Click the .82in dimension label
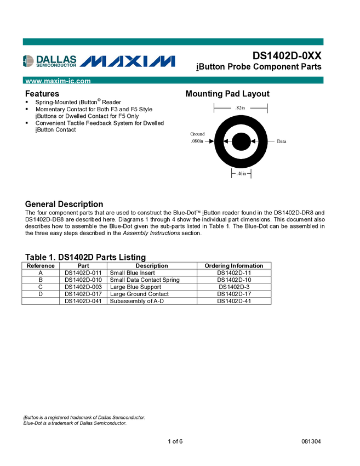[240, 109]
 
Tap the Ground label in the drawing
[197, 134]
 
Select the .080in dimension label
[197, 141]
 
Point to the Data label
[282, 141]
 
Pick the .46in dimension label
[241, 174]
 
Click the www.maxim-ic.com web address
[58, 81]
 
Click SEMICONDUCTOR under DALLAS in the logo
[56, 65]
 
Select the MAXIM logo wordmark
[132, 61]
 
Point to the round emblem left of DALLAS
[28, 61]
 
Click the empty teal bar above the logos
[173, 42]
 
